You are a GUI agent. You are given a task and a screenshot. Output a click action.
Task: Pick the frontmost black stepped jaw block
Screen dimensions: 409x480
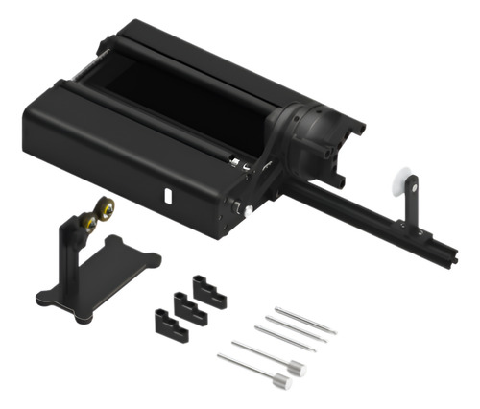(169, 324)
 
